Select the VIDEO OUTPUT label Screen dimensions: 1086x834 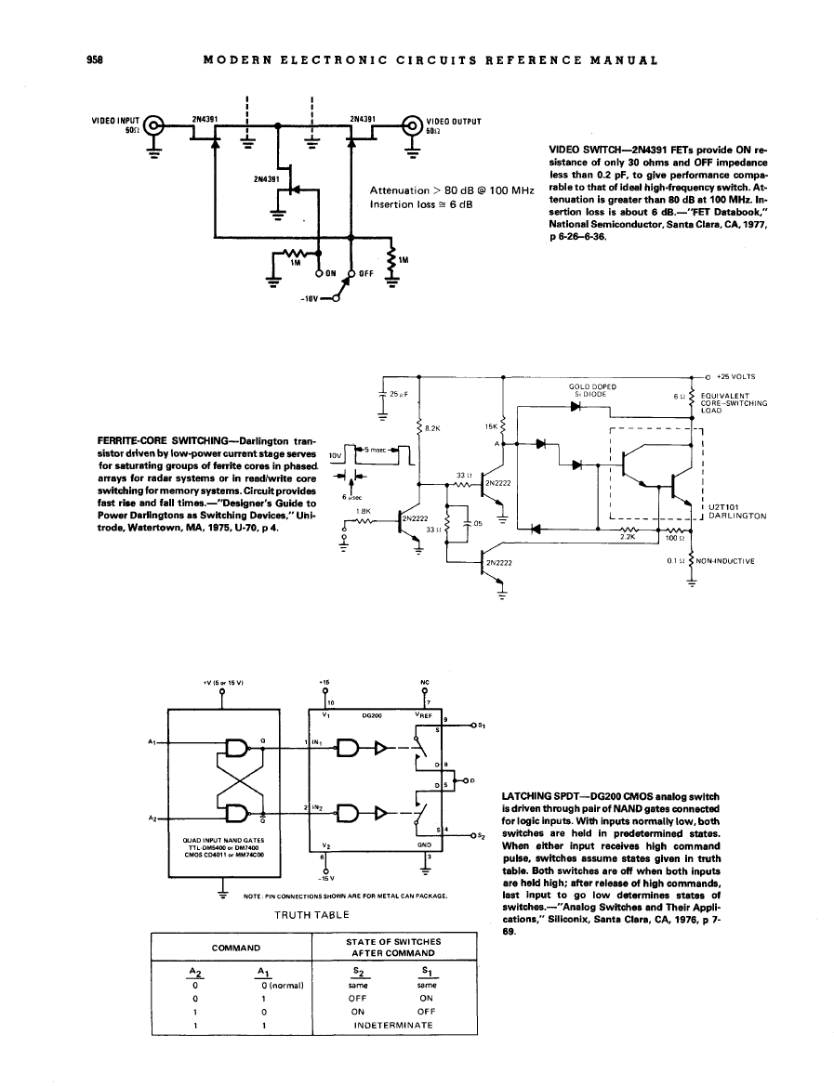pos(453,121)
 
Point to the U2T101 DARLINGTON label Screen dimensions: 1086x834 pos(736,511)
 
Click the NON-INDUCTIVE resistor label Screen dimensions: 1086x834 pos(723,561)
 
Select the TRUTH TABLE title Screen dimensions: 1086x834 pos(311,915)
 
